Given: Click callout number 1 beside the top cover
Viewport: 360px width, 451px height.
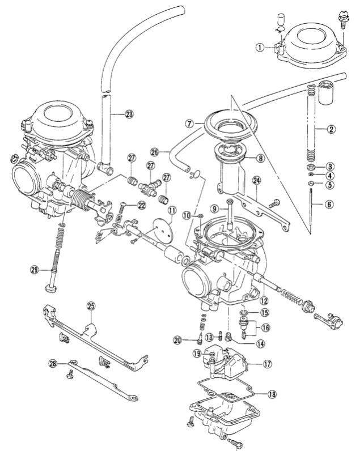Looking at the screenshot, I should tap(260, 48).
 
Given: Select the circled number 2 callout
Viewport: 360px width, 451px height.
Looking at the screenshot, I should tap(331, 129).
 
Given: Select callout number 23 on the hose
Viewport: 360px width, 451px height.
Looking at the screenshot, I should tap(130, 114).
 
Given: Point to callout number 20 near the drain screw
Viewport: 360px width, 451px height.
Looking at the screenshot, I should tap(178, 340).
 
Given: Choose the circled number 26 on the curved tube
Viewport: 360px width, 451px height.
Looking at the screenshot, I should tap(155, 152).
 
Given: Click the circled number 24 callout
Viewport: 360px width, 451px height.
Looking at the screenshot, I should tap(257, 181).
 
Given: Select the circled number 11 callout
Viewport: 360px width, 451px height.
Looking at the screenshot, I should tap(171, 211).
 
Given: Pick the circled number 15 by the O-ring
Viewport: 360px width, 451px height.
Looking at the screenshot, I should tap(264, 312).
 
